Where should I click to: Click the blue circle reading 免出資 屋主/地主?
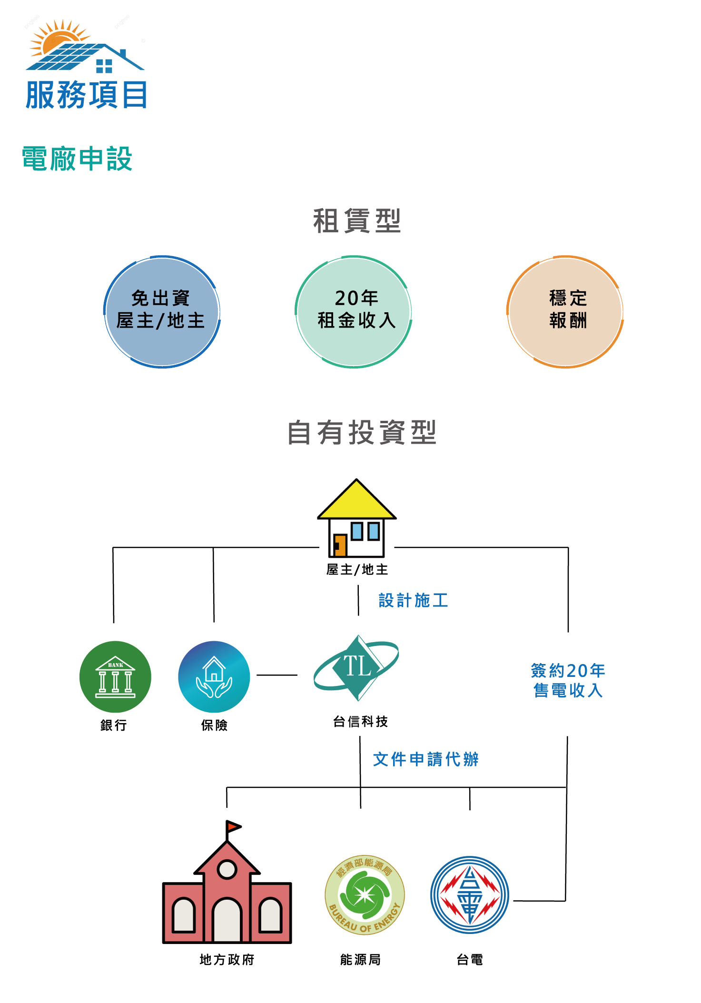pyautogui.click(x=162, y=312)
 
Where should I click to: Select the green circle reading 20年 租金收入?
pyautogui.click(x=354, y=312)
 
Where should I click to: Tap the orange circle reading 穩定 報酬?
pyautogui.click(x=565, y=312)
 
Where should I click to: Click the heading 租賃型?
pyautogui.click(x=357, y=221)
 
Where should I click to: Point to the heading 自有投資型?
pyautogui.click(x=362, y=432)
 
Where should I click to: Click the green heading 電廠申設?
pyautogui.click(x=77, y=159)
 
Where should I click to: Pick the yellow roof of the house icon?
pyautogui.click(x=356, y=502)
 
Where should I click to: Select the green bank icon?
pyautogui.click(x=115, y=676)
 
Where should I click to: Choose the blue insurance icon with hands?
pyautogui.click(x=214, y=676)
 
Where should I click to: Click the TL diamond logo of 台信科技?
pyautogui.click(x=357, y=667)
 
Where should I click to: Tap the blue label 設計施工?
pyautogui.click(x=413, y=600)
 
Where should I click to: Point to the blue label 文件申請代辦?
pyautogui.click(x=425, y=759)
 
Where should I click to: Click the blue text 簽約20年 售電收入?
pyautogui.click(x=568, y=680)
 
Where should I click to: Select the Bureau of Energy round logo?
pyautogui.click(x=365, y=894)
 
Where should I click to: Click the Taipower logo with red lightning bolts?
pyautogui.click(x=470, y=895)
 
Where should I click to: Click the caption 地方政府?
pyautogui.click(x=227, y=960)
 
